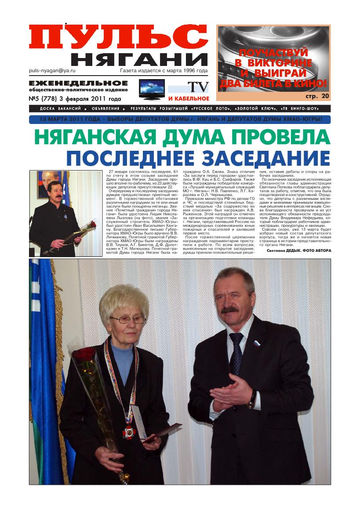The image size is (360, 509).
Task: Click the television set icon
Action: pos(152,89)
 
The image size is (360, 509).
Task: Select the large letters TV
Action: pos(198,87)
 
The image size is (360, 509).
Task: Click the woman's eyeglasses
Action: pos(127,320)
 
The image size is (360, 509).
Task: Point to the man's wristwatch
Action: pos(252,399)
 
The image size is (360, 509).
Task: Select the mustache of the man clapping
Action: pos(229,310)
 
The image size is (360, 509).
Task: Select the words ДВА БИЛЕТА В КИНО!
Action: pos(273,83)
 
